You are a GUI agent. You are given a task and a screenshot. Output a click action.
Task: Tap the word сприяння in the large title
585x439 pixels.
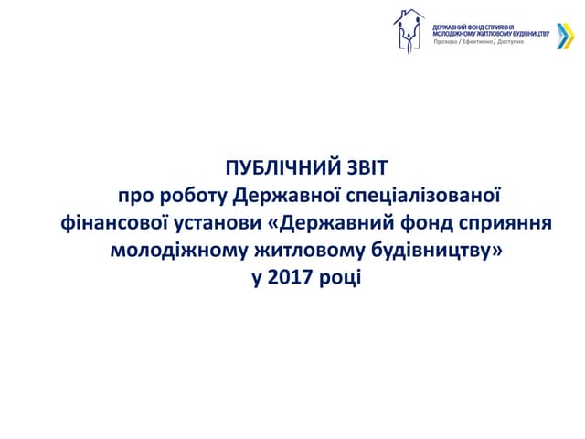(x=510, y=222)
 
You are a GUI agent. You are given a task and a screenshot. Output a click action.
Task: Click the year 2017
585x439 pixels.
(x=286, y=275)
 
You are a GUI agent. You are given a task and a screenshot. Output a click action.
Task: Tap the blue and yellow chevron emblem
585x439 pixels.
(x=556, y=33)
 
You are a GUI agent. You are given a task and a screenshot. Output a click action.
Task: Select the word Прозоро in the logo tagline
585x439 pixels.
(x=446, y=43)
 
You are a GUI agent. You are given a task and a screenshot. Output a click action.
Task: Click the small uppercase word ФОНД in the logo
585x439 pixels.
(x=473, y=27)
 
